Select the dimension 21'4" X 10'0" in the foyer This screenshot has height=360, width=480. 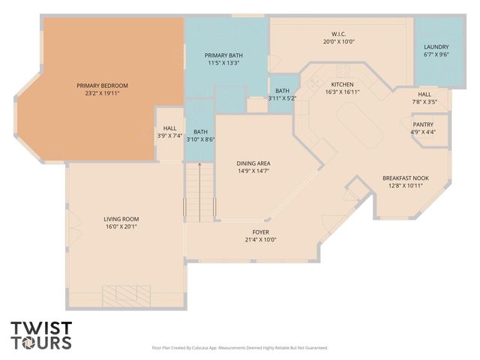[x=259, y=240]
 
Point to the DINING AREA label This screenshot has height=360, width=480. [x=253, y=163]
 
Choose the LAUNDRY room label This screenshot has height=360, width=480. [x=436, y=46]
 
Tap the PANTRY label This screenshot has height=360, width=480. [x=423, y=124]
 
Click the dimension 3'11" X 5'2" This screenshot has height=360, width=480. [x=283, y=98]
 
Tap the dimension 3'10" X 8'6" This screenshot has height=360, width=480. [x=200, y=139]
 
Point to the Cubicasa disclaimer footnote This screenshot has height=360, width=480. [x=239, y=348]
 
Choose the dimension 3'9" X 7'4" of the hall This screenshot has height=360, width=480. [x=169, y=136]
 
